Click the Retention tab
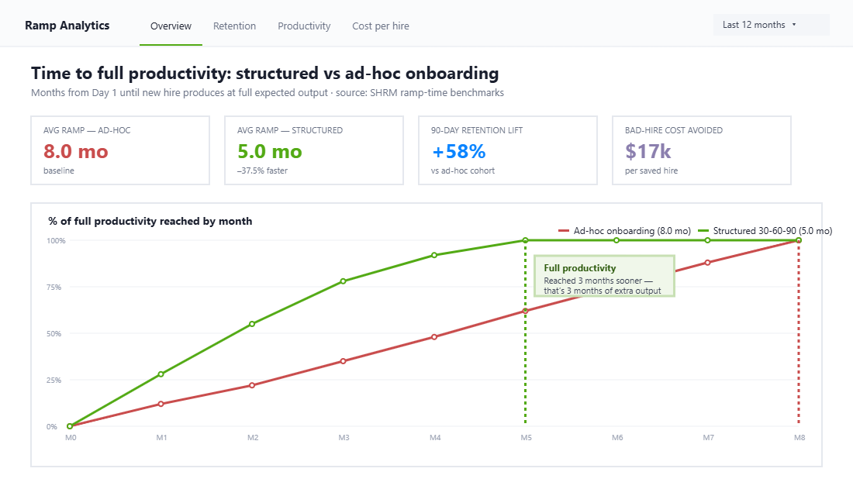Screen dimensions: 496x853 point(234,26)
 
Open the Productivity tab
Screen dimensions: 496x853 point(304,26)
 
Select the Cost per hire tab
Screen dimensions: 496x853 point(380,26)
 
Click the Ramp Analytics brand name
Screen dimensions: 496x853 point(67,26)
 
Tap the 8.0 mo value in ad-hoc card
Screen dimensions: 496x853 point(76,151)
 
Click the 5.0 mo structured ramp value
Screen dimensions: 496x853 point(270,151)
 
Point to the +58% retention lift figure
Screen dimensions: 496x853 point(458,151)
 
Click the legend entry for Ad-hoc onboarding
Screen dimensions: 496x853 point(625,231)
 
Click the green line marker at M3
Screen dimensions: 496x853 point(344,281)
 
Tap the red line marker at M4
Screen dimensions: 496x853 point(434,337)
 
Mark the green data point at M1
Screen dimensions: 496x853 point(161,374)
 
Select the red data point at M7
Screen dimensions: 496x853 point(707,263)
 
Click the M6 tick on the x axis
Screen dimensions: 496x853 point(616,438)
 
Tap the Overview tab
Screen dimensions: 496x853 point(171,26)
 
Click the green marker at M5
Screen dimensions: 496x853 point(526,240)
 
